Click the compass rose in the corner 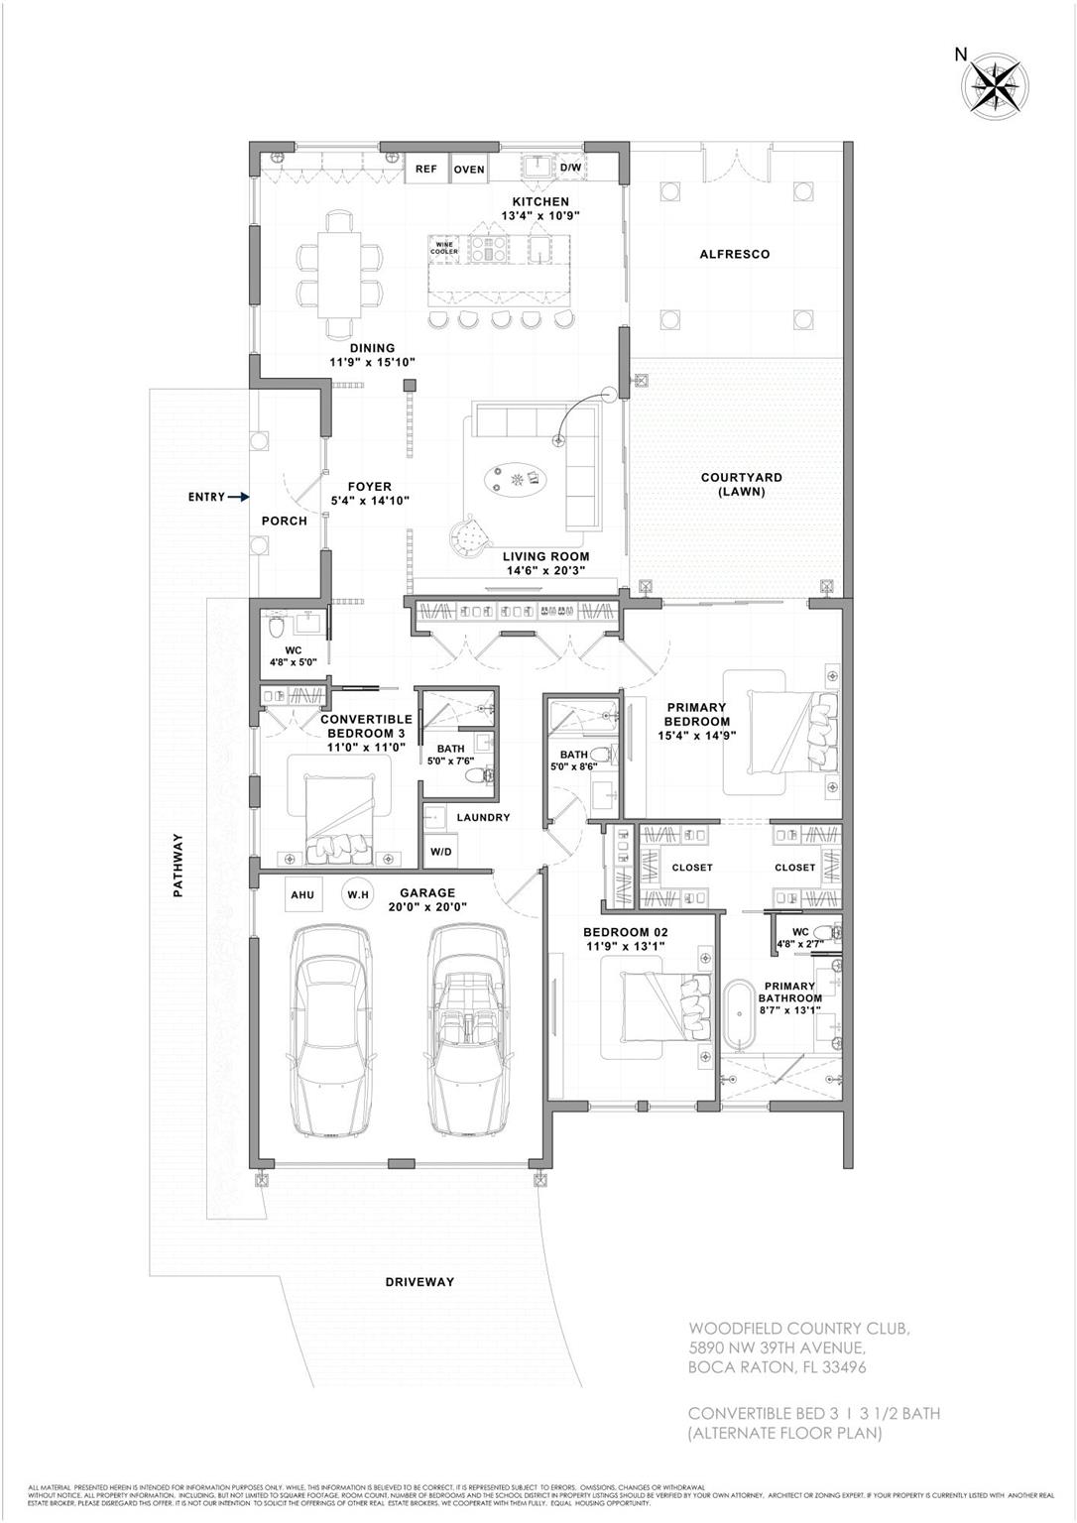point(996,83)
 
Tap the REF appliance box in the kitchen point(425,170)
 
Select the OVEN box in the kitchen point(469,170)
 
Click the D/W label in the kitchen point(571,169)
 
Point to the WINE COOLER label point(444,249)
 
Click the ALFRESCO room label point(734,255)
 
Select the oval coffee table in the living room point(516,481)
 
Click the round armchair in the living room point(472,536)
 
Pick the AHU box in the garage point(302,895)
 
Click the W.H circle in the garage point(357,895)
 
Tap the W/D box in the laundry point(440,853)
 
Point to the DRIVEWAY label point(419,1282)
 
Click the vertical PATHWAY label point(179,865)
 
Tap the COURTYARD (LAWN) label point(742,484)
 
